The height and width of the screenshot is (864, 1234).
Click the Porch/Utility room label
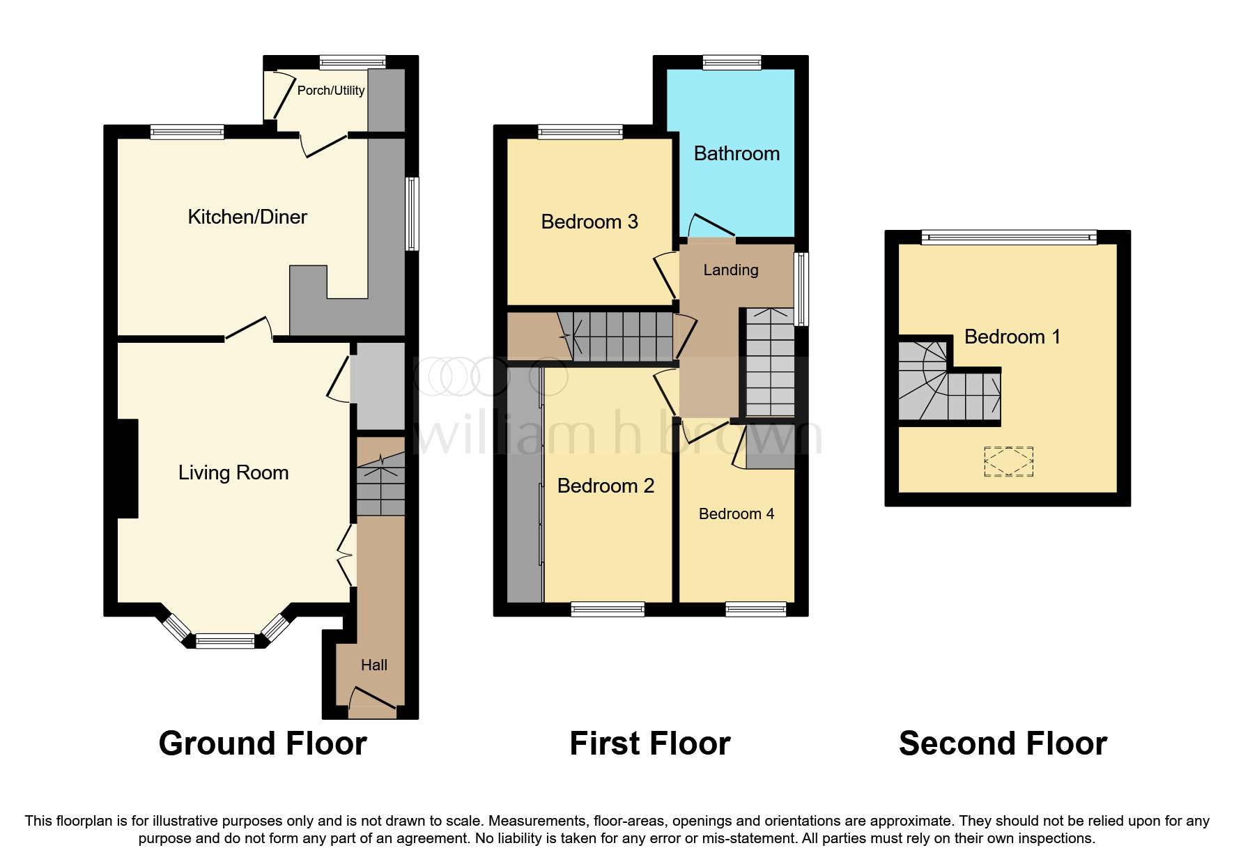coord(330,91)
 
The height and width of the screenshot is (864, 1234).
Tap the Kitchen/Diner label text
coord(247,217)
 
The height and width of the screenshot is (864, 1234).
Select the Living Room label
coord(233,472)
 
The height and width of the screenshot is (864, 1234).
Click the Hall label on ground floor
coord(374,665)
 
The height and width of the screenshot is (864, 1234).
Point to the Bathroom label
coord(736,153)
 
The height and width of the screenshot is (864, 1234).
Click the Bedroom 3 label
coord(589,222)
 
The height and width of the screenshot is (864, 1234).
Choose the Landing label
coord(730,270)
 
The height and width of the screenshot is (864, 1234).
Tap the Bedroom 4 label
coord(736,514)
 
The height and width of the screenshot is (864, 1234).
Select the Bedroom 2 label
coord(606,486)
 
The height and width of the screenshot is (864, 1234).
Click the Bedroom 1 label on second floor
coord(1012,337)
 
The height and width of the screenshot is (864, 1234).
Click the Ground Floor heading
coord(263,743)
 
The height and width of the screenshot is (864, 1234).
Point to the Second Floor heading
coord(1003,743)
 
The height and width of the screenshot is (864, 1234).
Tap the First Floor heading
coord(649,743)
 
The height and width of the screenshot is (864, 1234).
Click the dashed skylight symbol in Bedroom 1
coord(1008,461)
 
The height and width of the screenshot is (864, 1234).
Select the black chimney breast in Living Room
coord(127,468)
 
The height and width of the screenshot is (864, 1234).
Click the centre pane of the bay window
coord(225,640)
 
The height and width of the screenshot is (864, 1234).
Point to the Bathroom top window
coord(732,63)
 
